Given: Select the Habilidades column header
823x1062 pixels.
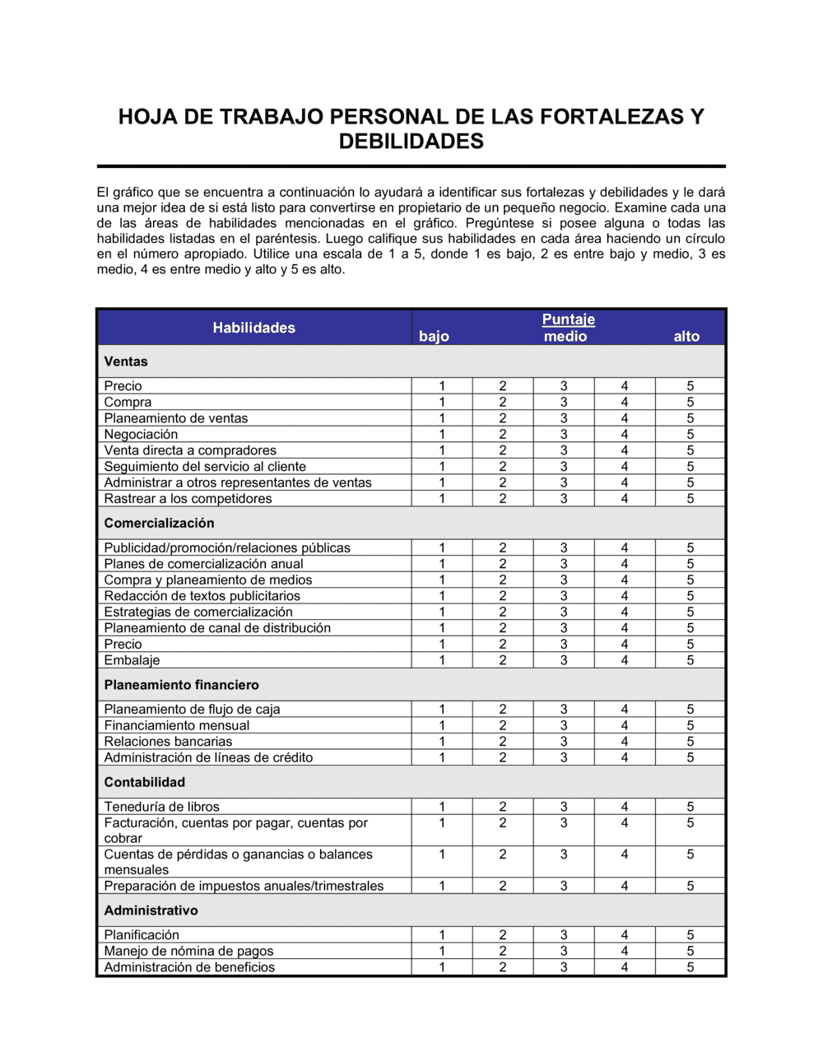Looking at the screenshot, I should tap(253, 328).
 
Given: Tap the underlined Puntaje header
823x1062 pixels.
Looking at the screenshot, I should tap(568, 319).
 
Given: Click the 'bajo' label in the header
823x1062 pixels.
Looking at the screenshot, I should tap(434, 336).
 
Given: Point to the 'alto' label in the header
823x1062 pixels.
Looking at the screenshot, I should tap(686, 336).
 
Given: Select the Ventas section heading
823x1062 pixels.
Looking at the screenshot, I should tap(126, 361).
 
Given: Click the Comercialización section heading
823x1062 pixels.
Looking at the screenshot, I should tap(159, 523).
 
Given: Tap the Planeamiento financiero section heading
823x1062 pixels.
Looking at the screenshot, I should tap(181, 685).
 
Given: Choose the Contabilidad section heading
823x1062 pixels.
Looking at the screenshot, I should tap(144, 782).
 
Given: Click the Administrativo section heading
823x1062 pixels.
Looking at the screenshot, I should tap(151, 911).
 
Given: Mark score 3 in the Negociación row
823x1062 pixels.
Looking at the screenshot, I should tap(564, 435).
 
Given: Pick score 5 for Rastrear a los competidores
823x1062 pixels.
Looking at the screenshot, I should tap(690, 499).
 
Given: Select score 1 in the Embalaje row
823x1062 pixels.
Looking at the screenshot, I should tap(442, 660).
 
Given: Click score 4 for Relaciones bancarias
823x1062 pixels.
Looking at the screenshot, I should tap(625, 742).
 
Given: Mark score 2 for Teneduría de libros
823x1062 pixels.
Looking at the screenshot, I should tap(503, 807).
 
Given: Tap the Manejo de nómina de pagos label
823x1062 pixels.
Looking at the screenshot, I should tap(188, 951).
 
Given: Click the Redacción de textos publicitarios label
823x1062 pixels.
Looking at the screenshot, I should tap(202, 596).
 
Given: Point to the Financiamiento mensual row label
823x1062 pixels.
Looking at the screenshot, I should tap(176, 725).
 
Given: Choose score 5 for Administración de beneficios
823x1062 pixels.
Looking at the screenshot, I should tap(690, 967).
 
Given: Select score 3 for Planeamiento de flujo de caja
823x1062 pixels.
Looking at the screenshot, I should tap(564, 710).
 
